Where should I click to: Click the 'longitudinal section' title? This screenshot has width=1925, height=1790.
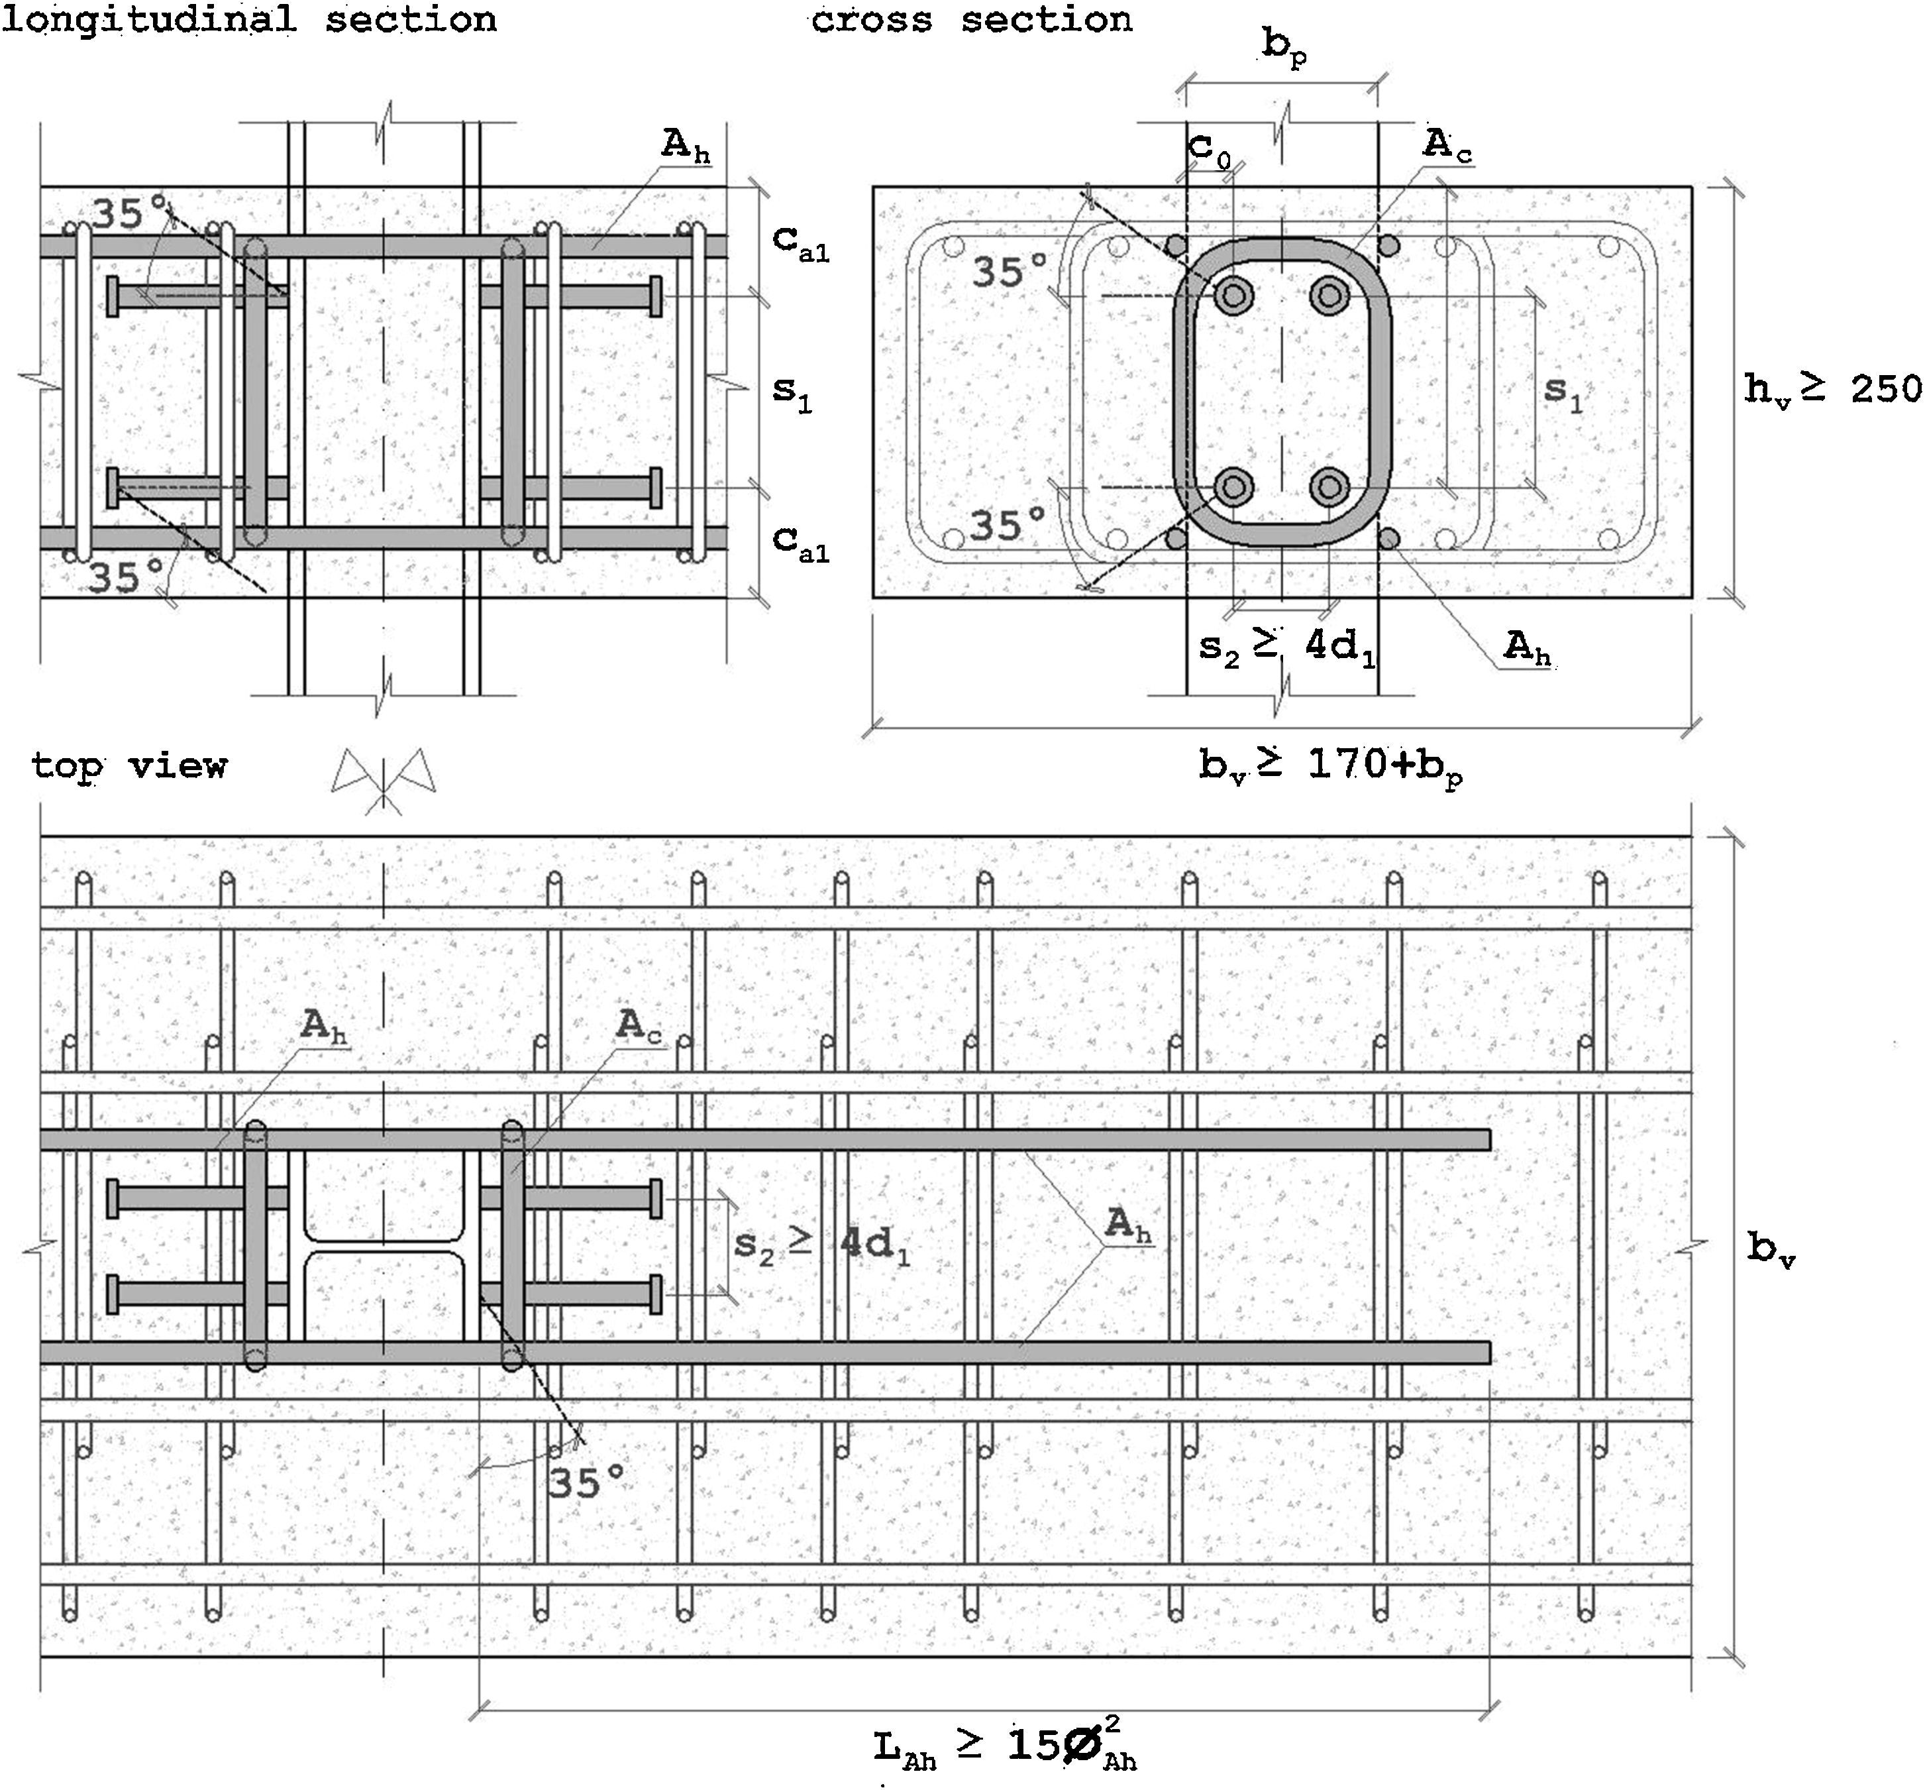tap(249, 19)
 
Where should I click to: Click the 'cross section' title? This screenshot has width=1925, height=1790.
tap(971, 19)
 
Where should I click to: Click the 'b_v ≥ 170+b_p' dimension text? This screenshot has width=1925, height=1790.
tap(1330, 766)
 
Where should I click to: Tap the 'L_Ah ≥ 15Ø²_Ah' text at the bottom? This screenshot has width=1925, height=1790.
tap(1005, 1746)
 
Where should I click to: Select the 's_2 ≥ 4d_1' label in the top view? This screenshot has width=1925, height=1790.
tap(822, 1245)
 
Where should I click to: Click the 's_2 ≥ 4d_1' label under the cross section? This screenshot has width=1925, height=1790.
tap(1286, 646)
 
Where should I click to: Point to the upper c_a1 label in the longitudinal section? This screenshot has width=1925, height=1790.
tap(800, 242)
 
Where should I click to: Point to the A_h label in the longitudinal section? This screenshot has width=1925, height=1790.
tap(686, 145)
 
